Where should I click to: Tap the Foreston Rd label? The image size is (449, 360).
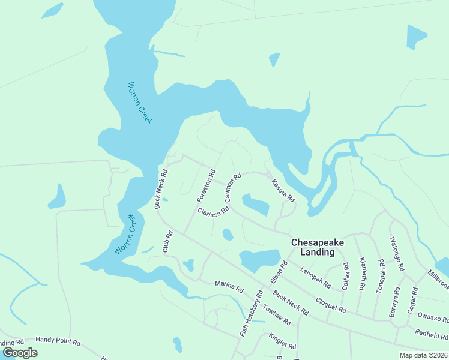coord(206,186)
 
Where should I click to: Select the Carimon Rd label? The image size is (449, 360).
coord(232,188)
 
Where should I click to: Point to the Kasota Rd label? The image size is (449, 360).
coord(283,190)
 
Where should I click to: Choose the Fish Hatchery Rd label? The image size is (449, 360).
coord(252,313)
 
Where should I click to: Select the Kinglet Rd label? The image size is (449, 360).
coord(282,341)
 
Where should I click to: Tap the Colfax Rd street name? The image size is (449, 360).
coord(345,277)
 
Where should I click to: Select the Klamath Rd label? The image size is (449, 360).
coord(363,274)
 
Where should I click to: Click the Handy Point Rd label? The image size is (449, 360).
coord(58,341)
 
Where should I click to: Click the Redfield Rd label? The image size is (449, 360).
coord(432,334)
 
